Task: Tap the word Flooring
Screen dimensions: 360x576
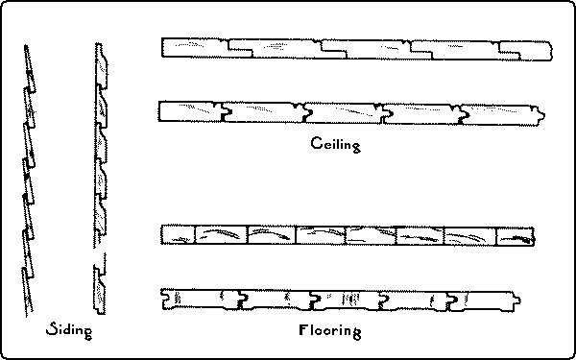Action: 328,332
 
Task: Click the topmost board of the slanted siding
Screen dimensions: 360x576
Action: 29,62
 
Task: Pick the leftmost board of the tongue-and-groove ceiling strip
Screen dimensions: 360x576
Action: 190,111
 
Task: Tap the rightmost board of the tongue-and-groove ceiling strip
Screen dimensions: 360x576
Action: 499,113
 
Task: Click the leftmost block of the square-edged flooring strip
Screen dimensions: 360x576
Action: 179,234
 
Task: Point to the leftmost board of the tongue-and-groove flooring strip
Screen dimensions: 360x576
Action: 197,298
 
